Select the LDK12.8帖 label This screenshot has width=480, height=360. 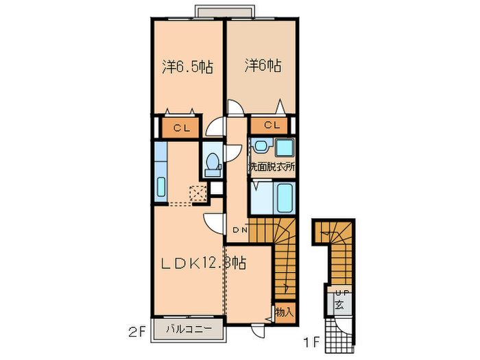204,262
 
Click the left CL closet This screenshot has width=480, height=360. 180,127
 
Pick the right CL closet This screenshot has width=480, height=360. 272,125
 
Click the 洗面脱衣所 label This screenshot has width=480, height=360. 271,166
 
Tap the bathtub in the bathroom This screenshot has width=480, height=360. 283,197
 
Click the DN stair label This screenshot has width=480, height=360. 239,230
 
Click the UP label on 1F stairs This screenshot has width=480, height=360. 339,293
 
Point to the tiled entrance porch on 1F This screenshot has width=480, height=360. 339,334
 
